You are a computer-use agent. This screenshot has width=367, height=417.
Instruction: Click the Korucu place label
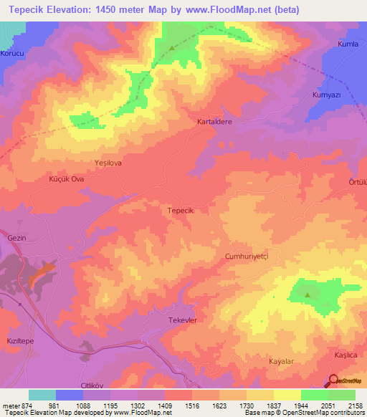click(13, 53)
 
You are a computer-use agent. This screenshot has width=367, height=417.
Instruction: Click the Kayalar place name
click(282, 362)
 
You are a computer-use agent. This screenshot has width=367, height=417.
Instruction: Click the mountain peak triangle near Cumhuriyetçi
click(307, 294)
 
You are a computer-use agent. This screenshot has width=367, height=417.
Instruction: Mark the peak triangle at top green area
click(172, 49)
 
